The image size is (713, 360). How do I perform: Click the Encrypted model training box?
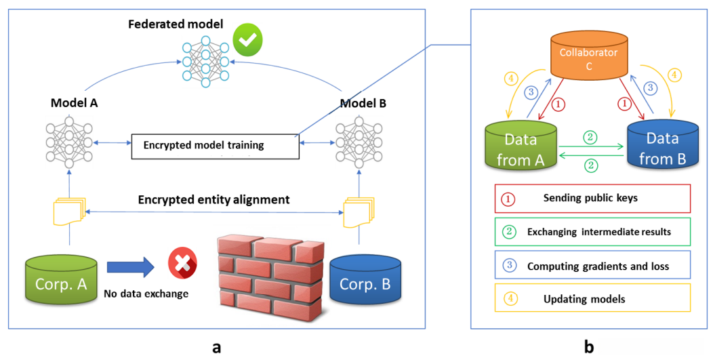pyautogui.click(x=214, y=145)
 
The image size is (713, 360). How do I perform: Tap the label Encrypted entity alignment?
pyautogui.click(x=213, y=199)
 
